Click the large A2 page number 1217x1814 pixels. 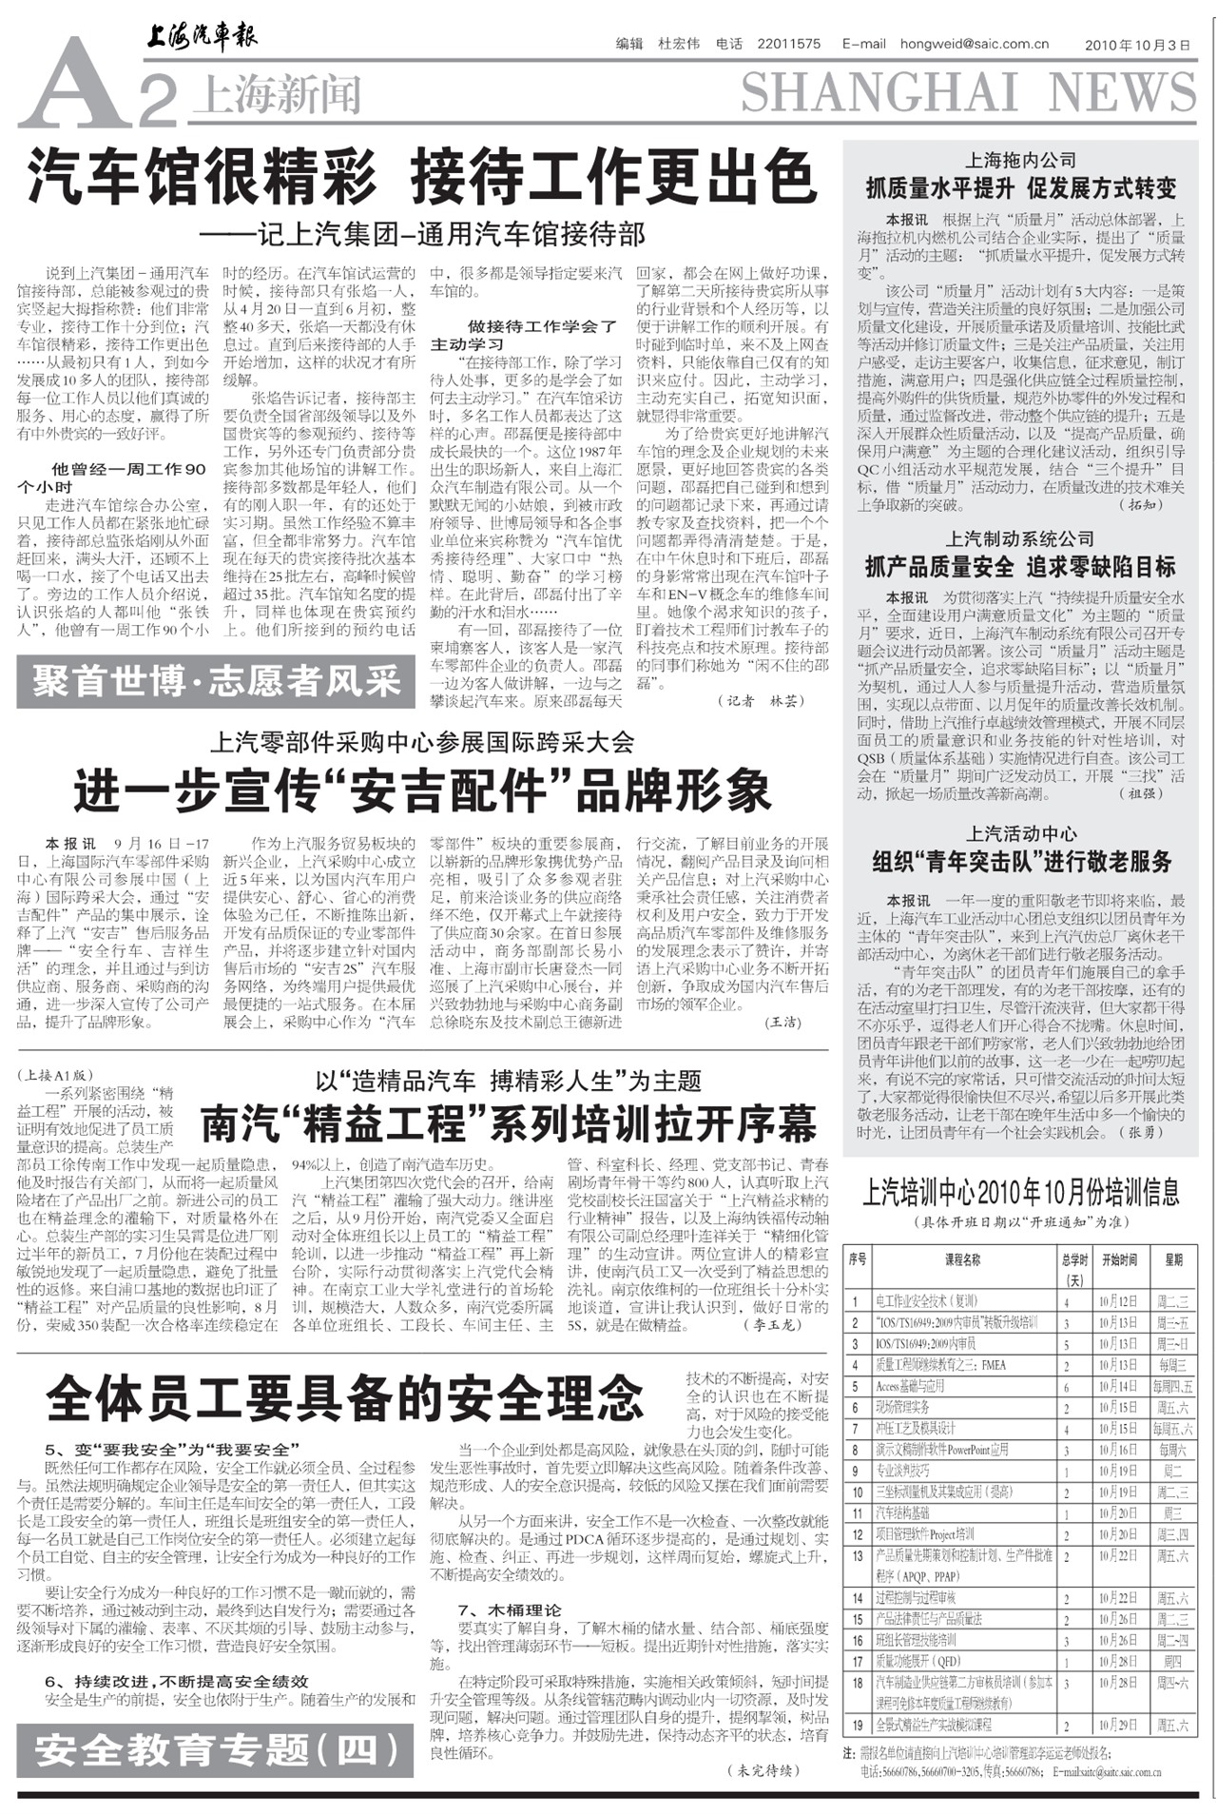point(95,88)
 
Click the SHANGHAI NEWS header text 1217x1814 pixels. point(968,93)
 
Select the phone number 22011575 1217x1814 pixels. point(788,44)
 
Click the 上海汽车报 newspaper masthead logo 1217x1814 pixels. point(201,37)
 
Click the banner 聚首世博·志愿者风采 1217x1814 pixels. point(216,682)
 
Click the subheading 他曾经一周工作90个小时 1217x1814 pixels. point(111,478)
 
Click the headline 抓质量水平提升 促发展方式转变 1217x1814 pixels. point(1020,187)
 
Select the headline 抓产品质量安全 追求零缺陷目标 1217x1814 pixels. point(1020,568)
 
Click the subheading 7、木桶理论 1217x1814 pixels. point(510,1610)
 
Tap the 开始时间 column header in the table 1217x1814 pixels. point(1119,1259)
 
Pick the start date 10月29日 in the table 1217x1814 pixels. point(1118,1725)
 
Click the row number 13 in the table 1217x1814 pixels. point(858,1556)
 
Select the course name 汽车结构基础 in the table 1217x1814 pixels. point(903,1513)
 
